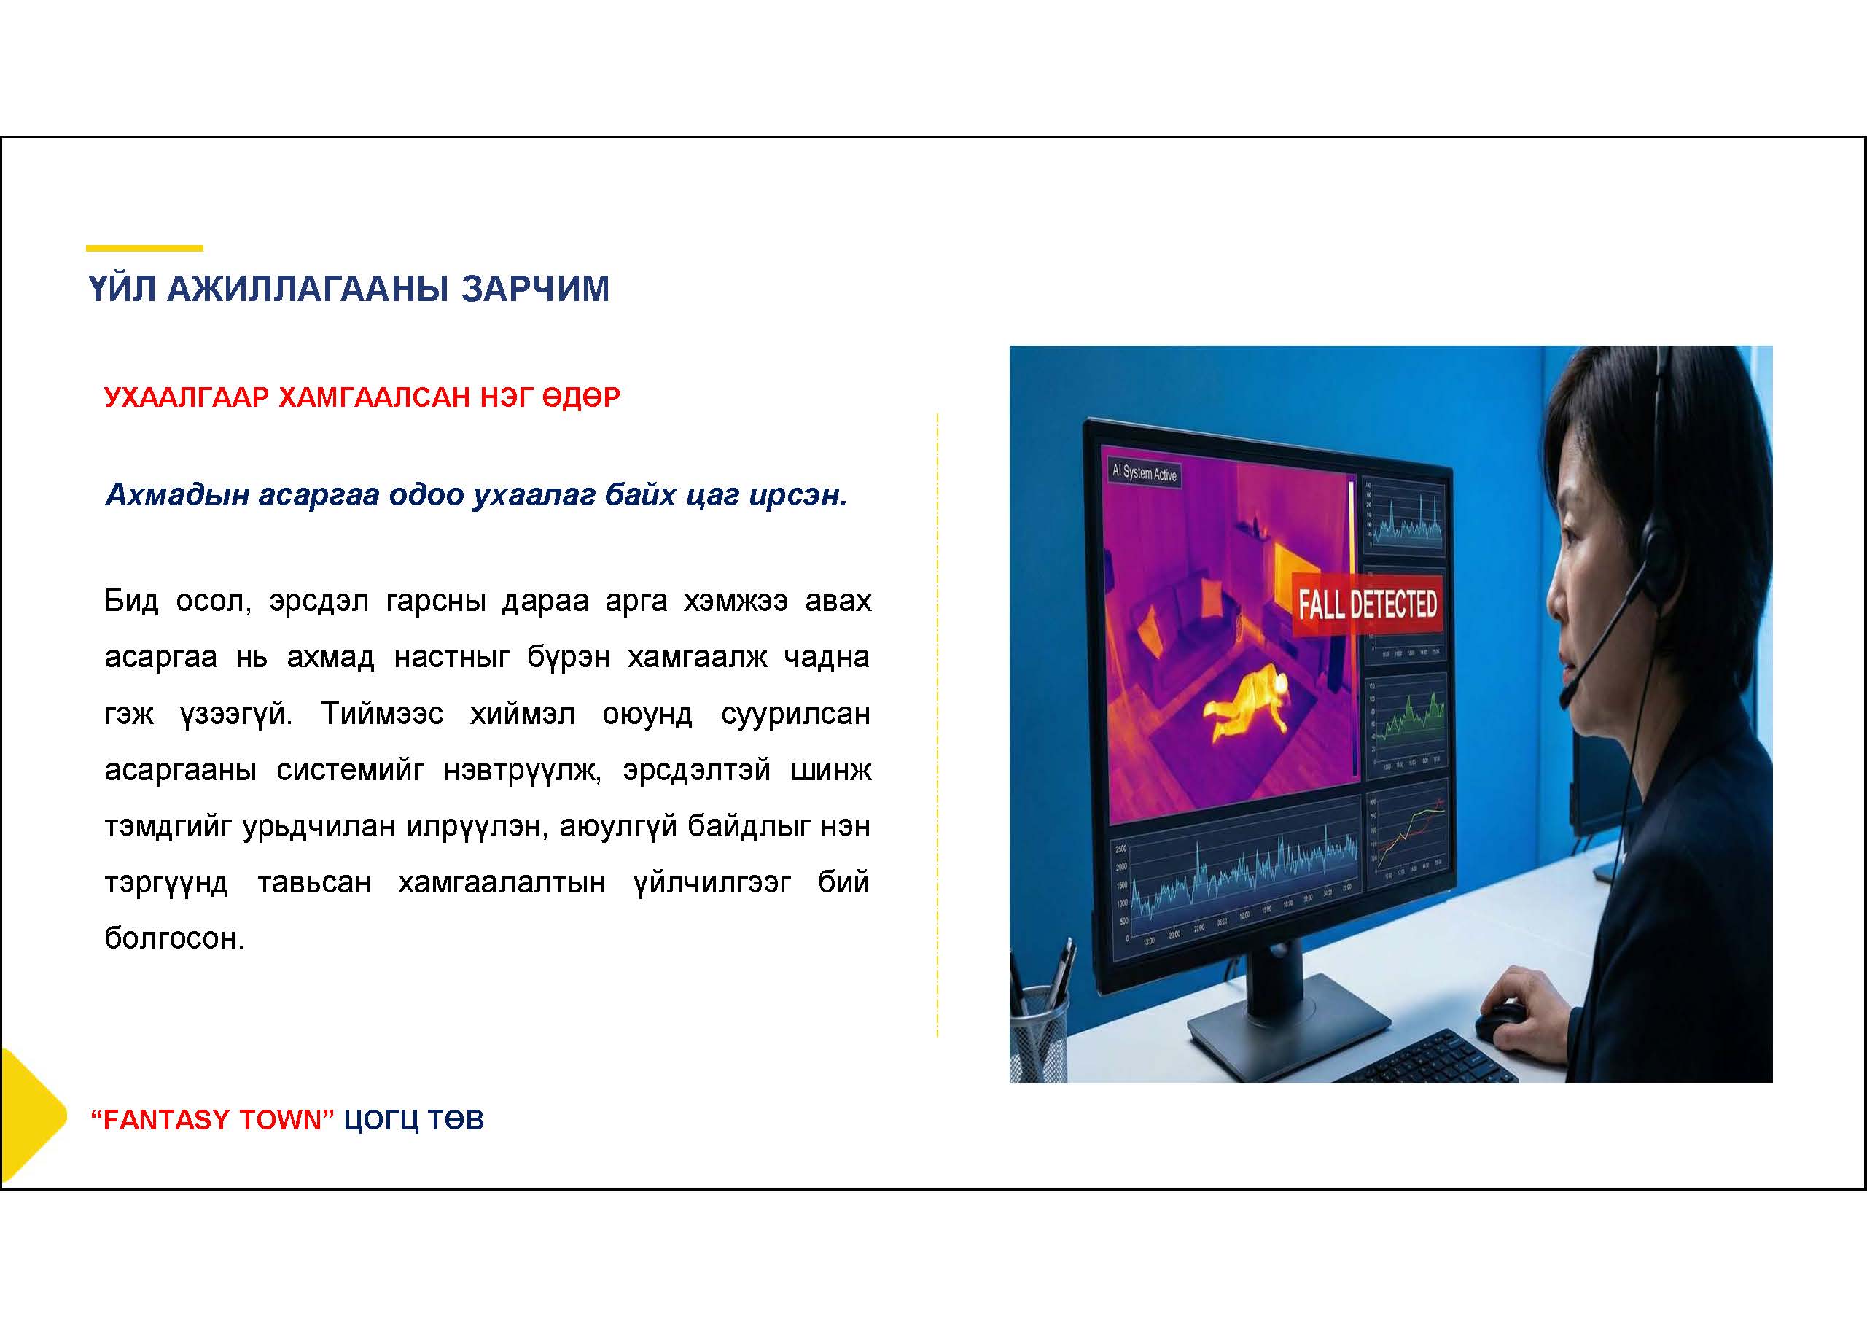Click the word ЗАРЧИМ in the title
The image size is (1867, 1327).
click(x=535, y=289)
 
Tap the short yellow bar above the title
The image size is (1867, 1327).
click(x=144, y=248)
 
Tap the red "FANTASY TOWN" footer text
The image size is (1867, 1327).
click(x=212, y=1119)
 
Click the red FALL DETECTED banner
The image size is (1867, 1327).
click(x=1367, y=604)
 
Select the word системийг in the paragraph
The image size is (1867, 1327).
click(x=351, y=771)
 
